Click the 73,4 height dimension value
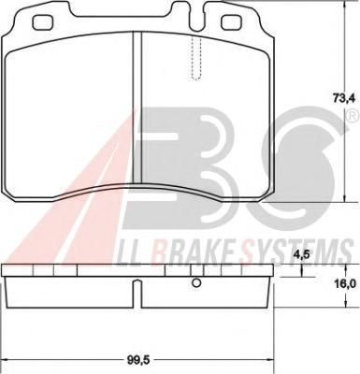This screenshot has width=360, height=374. (x=343, y=99)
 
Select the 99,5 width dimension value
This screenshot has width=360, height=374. (x=135, y=361)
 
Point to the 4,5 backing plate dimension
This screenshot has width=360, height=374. (x=301, y=254)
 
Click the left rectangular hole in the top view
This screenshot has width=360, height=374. (x=43, y=22)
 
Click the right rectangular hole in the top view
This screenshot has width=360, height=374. (x=231, y=22)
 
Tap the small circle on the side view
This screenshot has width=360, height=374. (x=196, y=283)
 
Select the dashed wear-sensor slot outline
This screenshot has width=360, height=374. (x=196, y=59)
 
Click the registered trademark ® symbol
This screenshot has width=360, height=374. (x=352, y=117)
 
